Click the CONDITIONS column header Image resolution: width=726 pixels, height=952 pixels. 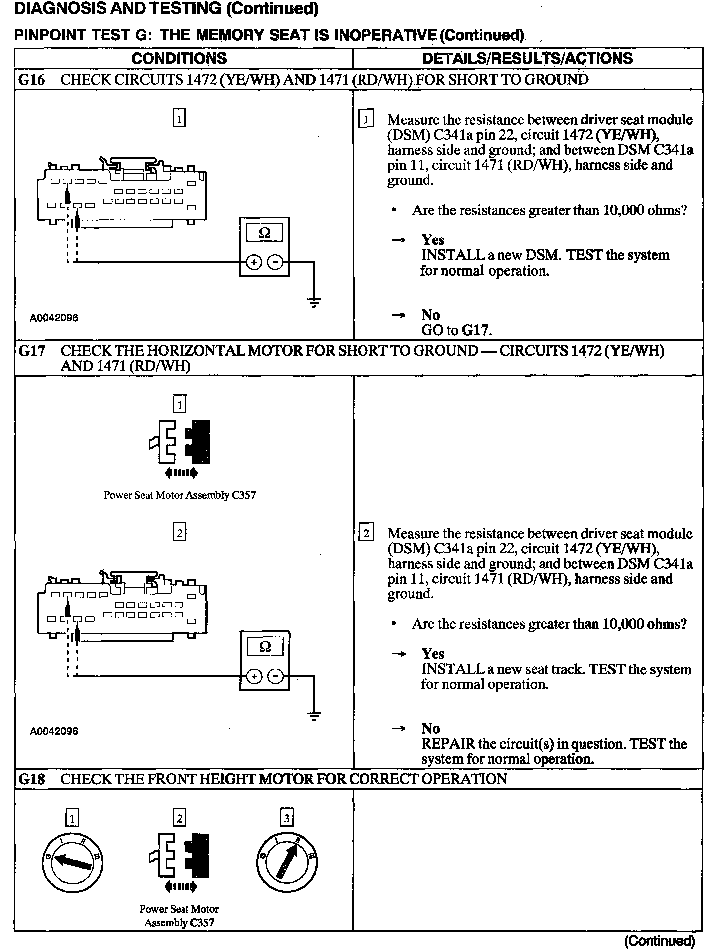coord(179,58)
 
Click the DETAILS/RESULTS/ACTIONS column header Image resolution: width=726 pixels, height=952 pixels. coord(527,58)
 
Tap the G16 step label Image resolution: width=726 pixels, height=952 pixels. coord(31,80)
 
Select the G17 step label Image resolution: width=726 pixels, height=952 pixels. coord(31,351)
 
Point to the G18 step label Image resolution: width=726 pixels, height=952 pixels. coord(31,779)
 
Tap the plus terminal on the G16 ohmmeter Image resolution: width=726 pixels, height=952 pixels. coord(254,262)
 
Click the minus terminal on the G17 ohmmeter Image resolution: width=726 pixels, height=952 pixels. coord(275,676)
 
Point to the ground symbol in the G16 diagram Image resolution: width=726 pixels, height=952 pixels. coord(314,302)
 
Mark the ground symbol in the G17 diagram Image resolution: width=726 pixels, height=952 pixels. coord(314,716)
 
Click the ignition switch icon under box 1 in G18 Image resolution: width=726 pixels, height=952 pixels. coord(72,863)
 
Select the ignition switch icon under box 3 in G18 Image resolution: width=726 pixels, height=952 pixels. coord(287,863)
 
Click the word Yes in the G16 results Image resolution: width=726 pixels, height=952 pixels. coord(433,240)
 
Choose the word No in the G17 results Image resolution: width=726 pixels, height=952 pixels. coord(430,728)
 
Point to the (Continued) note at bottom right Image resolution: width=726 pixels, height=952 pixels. coord(659,941)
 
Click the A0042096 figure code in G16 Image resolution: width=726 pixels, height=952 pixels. coord(54,318)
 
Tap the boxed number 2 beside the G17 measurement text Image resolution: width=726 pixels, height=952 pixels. coord(366,534)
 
